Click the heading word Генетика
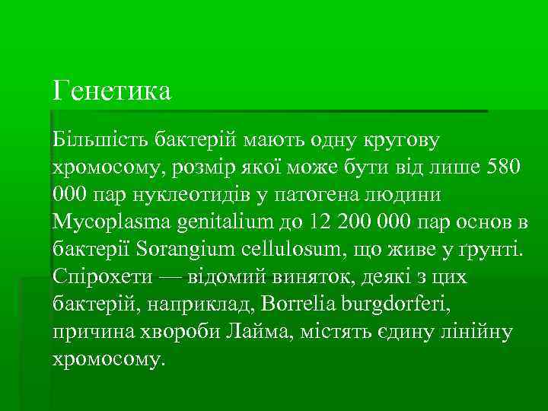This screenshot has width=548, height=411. [113, 91]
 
